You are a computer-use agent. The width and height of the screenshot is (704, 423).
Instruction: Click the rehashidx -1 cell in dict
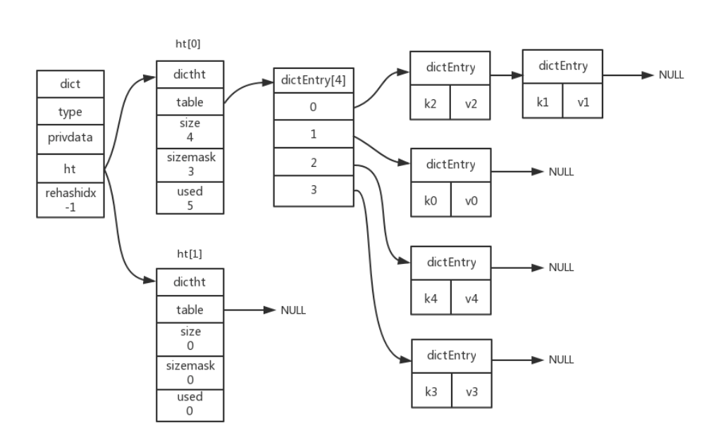[70, 201]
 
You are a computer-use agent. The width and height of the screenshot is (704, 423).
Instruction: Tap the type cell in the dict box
[70, 111]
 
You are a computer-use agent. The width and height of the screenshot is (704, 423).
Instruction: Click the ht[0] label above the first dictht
[189, 44]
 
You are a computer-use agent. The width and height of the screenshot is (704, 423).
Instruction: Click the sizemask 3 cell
[189, 165]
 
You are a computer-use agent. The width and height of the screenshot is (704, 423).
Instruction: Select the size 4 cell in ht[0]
[189, 130]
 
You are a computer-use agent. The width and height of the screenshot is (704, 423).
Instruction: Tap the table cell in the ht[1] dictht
[189, 310]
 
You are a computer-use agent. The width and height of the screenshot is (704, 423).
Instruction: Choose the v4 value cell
[471, 298]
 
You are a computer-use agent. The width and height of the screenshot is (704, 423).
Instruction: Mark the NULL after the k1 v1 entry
[670, 75]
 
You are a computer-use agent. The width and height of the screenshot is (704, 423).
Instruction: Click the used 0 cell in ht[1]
[189, 405]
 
